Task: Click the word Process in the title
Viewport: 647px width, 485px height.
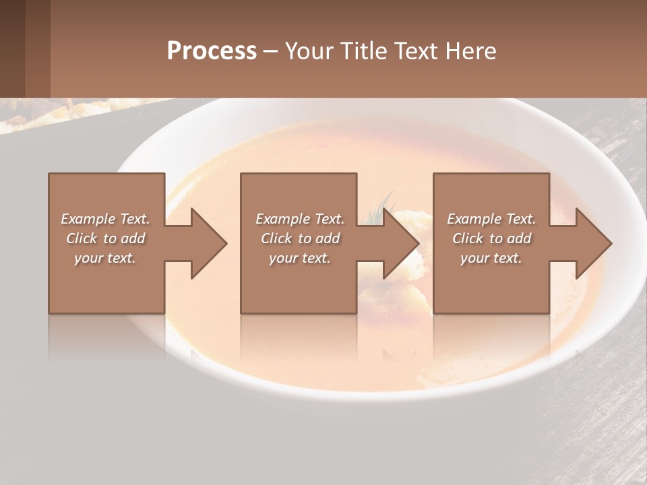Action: click(212, 51)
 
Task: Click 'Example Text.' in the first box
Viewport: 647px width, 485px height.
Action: click(105, 219)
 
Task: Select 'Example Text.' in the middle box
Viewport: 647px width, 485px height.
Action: click(299, 219)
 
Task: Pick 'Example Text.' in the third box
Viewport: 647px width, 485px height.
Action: click(491, 219)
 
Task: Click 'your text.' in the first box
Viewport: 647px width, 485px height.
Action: click(105, 258)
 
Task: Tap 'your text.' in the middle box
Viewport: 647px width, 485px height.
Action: click(299, 258)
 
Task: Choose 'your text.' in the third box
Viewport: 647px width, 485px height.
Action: click(491, 258)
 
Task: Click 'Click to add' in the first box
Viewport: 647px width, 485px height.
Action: click(105, 238)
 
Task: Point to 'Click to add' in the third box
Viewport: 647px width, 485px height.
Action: click(491, 238)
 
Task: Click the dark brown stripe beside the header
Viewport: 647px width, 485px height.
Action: click(12, 48)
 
